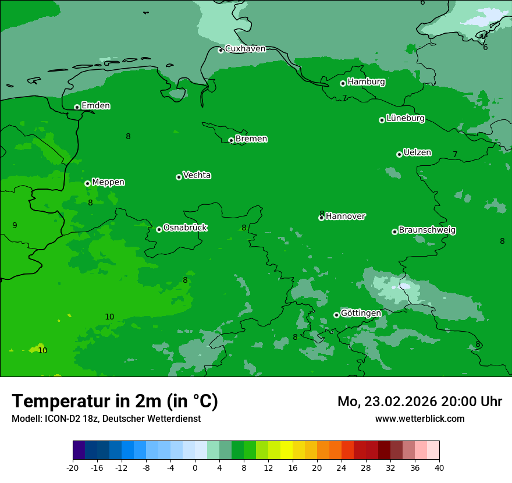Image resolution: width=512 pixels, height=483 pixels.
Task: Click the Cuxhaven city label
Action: click(245, 49)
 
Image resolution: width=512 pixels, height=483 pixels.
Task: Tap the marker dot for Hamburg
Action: click(343, 83)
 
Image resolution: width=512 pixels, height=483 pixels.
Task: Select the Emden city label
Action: click(95, 106)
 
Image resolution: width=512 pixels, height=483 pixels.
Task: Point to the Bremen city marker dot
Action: click(231, 140)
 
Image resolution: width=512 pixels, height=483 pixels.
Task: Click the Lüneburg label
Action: click(405, 119)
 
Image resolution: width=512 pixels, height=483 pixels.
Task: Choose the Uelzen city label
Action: click(417, 153)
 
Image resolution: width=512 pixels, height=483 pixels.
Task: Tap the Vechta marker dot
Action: click(179, 177)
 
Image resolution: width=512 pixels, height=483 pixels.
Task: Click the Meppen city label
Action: click(108, 182)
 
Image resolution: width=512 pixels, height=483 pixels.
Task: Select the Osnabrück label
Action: click(185, 228)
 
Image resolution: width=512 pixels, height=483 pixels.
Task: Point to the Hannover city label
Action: click(345, 216)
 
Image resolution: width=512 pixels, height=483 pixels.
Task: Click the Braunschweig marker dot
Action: click(394, 232)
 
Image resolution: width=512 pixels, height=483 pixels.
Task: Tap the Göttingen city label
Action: click(361, 314)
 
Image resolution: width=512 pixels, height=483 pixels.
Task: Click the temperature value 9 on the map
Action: click(15, 225)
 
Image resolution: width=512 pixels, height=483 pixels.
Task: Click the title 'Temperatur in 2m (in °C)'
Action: click(115, 402)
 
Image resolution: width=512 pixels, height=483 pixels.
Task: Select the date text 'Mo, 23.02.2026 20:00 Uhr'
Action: click(419, 402)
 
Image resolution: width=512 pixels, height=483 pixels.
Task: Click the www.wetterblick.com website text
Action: click(419, 419)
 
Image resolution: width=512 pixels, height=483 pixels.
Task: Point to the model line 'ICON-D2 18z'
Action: click(69, 419)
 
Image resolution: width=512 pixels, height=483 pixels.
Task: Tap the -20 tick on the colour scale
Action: click(73, 468)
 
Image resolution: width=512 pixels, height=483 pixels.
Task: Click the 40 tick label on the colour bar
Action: click(439, 468)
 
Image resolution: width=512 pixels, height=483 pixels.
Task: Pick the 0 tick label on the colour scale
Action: click(195, 468)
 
